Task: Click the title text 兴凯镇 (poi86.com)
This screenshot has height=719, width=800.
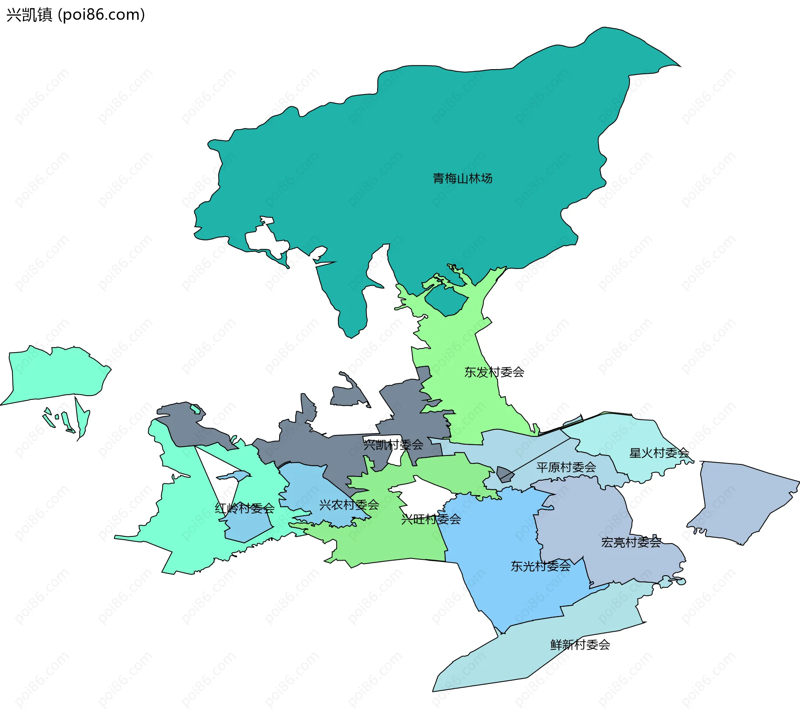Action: [75, 15]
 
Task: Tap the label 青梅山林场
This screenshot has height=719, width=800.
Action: [462, 178]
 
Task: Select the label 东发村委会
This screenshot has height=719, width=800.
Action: [494, 372]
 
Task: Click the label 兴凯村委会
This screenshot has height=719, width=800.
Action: [393, 445]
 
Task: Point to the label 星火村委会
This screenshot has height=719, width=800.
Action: [659, 453]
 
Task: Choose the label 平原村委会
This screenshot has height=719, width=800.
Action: [566, 467]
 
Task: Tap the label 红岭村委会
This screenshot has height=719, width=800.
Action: [245, 508]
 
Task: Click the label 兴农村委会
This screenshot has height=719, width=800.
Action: [349, 505]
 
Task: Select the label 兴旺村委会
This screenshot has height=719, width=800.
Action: [431, 519]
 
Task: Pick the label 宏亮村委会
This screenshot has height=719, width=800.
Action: [631, 542]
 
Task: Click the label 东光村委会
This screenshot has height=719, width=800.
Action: [540, 566]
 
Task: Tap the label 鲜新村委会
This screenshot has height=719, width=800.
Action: [580, 645]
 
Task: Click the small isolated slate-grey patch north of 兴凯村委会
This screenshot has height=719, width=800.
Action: [348, 394]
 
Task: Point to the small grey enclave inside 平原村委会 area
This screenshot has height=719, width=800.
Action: [505, 474]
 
